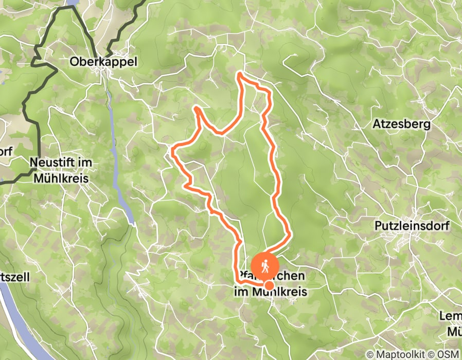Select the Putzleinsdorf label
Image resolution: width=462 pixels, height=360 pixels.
412,226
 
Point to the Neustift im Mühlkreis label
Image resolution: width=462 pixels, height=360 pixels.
60,170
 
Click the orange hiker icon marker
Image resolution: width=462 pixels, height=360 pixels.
265,265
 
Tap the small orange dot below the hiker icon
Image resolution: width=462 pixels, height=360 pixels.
269,285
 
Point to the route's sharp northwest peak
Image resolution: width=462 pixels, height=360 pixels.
197,107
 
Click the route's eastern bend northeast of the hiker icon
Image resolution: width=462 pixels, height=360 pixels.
290,234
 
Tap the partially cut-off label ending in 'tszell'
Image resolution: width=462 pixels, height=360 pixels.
15,277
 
